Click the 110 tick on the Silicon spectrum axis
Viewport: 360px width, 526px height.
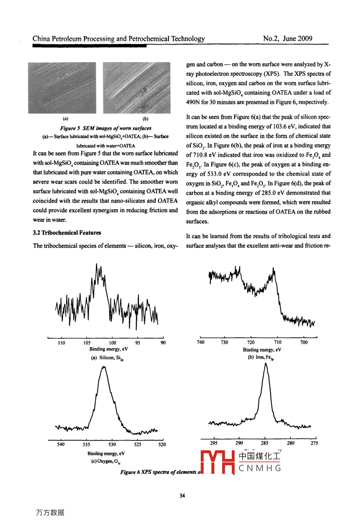click(x=61, y=342)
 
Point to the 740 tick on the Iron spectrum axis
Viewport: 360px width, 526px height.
click(x=201, y=342)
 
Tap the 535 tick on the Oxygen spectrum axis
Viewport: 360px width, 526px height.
click(x=86, y=444)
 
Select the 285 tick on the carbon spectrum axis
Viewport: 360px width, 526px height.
click(x=265, y=443)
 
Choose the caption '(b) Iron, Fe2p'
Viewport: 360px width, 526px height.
click(x=261, y=357)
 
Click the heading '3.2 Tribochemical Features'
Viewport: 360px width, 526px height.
click(x=67, y=233)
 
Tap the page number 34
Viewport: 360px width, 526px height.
click(x=182, y=496)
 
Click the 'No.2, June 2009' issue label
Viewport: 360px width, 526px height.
click(x=288, y=39)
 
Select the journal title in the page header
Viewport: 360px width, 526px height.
click(x=119, y=39)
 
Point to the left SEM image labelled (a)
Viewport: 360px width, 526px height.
click(x=62, y=88)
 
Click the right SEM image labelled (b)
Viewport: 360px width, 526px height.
click(x=137, y=88)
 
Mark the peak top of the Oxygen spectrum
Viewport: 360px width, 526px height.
click(x=104, y=367)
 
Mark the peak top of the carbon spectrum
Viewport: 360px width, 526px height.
click(x=266, y=364)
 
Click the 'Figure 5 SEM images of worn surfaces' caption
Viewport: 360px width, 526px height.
click(x=106, y=128)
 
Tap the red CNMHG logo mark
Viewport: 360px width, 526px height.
click(x=217, y=462)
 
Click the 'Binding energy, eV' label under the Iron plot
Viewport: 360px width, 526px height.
click(x=262, y=350)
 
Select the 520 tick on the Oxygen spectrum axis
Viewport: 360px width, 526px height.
click(x=162, y=444)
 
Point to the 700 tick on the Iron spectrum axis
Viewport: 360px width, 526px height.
click(x=304, y=342)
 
